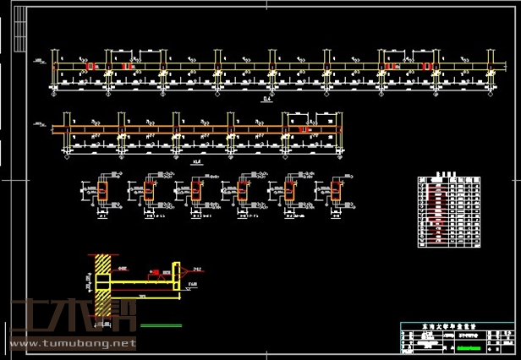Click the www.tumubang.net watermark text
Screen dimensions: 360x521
73,344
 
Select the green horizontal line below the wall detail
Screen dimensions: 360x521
162,325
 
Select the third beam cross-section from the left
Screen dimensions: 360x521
196,192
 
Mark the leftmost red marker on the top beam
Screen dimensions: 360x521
90,66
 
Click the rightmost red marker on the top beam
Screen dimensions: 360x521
427,66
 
